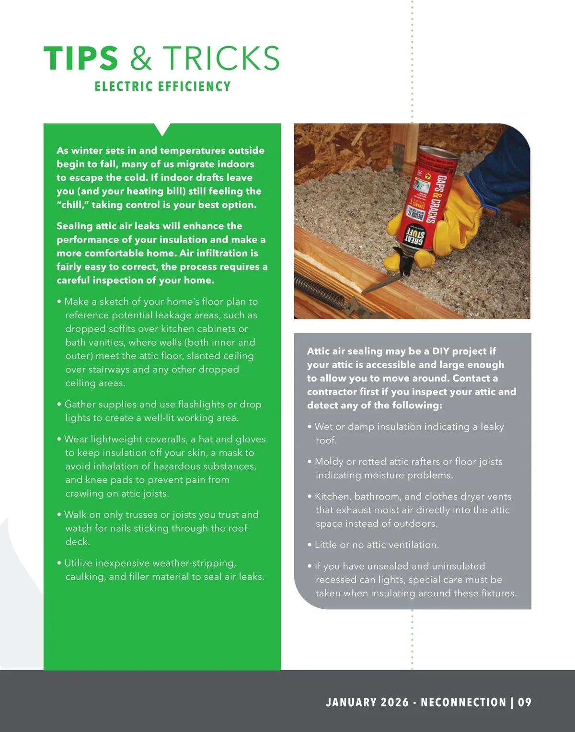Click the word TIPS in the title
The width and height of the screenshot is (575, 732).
80,58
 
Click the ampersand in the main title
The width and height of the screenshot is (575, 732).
141,58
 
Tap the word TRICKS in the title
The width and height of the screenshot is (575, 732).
221,58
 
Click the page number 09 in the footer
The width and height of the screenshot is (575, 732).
525,702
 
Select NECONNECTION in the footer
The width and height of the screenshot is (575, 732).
463,702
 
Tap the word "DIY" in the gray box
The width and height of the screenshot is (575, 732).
440,351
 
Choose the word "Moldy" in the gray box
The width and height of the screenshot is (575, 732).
329,462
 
